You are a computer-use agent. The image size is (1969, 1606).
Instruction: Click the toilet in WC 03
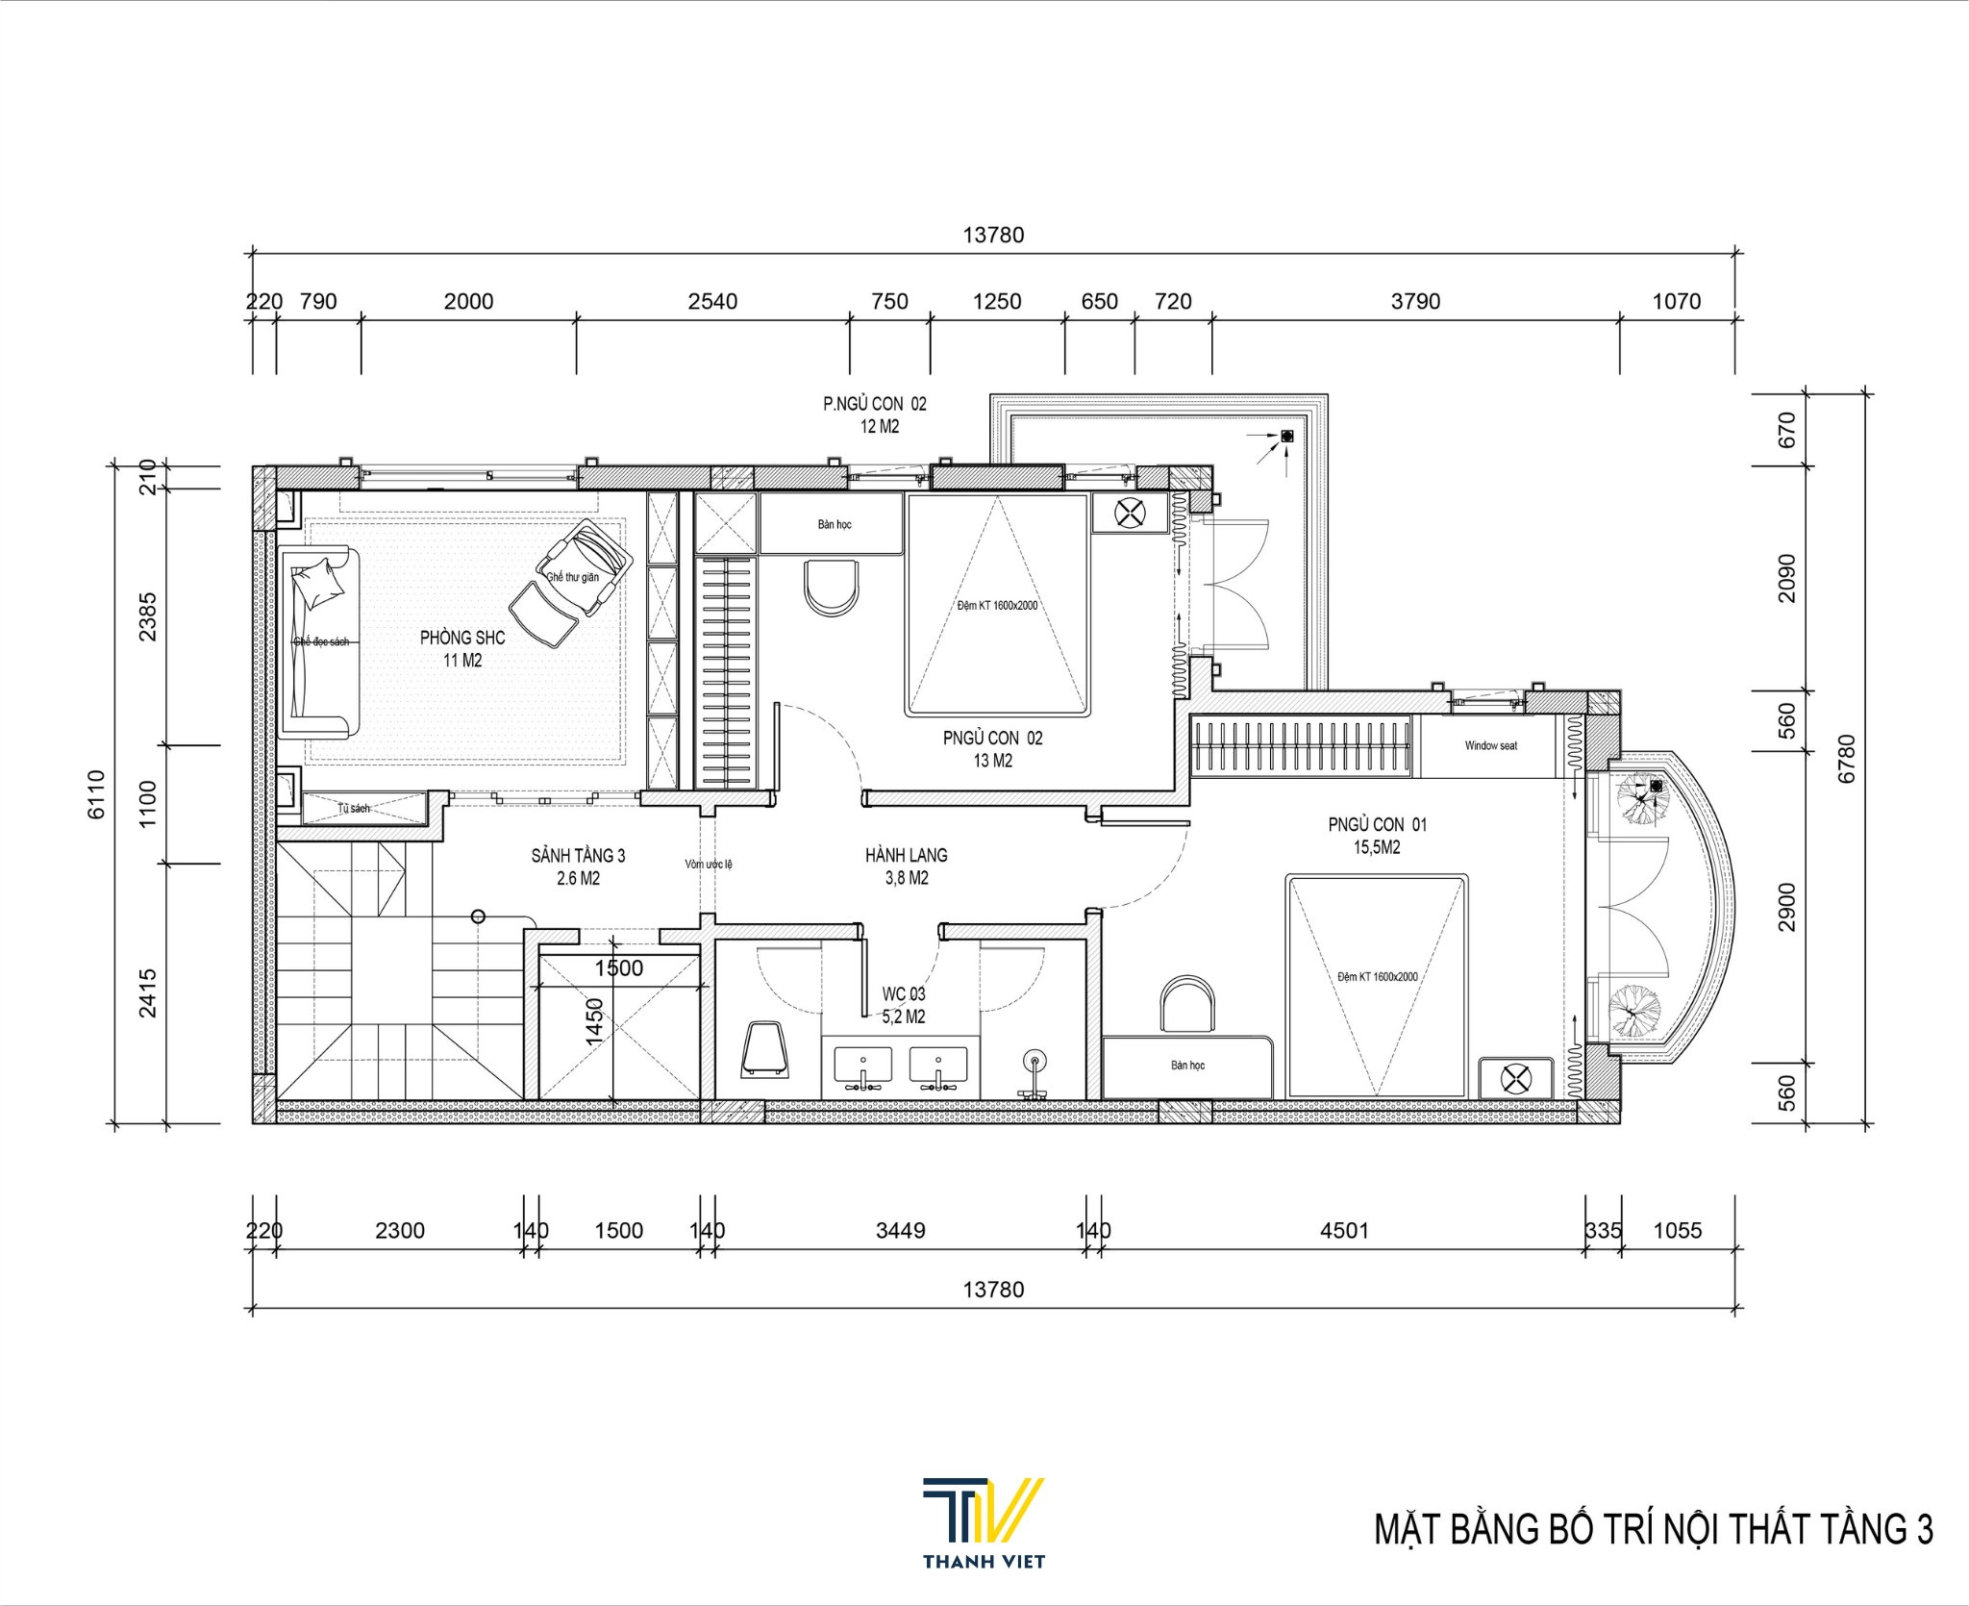(x=765, y=1049)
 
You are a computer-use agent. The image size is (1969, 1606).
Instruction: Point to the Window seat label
(x=1490, y=745)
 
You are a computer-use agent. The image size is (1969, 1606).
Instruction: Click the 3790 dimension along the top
(x=1415, y=302)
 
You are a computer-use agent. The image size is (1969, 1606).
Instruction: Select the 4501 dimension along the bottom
(x=1343, y=1230)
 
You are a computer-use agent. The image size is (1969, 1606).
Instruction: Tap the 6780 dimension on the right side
(x=1846, y=759)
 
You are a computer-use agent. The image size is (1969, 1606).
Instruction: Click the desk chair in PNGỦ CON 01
(x=1188, y=1005)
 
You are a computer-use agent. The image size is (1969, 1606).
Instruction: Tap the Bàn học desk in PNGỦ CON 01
(x=1187, y=1066)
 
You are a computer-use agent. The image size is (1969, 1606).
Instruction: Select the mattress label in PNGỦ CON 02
(x=997, y=606)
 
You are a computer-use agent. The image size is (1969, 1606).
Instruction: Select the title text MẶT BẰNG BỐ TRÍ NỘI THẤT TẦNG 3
(x=1653, y=1529)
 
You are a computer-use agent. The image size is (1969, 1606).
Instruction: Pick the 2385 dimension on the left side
(x=147, y=616)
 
